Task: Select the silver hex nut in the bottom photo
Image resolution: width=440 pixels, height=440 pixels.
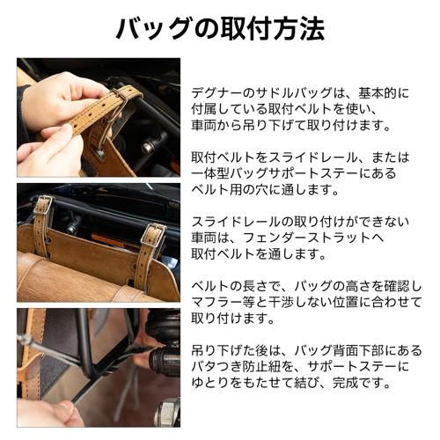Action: click(x=165, y=411)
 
